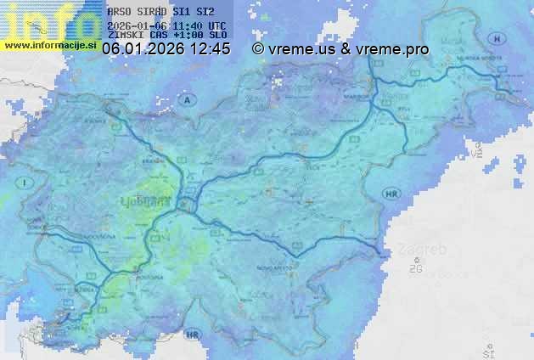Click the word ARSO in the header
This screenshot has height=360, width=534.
[120, 12]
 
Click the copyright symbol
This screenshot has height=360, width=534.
[258, 49]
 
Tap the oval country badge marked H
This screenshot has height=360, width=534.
[497, 38]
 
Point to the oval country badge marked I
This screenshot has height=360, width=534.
[26, 183]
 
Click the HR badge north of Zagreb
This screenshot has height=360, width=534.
[391, 194]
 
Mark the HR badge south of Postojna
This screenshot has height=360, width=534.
[193, 334]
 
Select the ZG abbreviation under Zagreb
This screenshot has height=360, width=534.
[415, 269]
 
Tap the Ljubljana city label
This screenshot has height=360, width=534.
[137, 203]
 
